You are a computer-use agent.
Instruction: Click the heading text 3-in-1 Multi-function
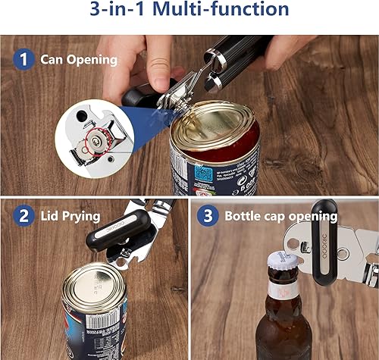189,11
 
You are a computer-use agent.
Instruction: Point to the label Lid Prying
70,216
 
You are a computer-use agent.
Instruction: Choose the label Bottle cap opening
279,215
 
